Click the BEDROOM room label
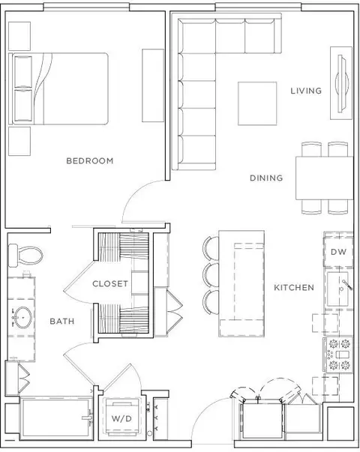(x=90, y=160)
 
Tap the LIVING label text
(x=306, y=91)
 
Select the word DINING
(x=266, y=178)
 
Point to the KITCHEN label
(x=294, y=287)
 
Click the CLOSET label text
(x=110, y=283)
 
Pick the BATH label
(x=62, y=321)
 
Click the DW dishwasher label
(x=338, y=252)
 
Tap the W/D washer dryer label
(x=121, y=418)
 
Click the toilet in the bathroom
(x=25, y=255)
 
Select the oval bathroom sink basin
(x=23, y=317)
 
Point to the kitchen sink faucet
(x=347, y=285)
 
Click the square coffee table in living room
(x=257, y=103)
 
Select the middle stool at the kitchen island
(x=211, y=275)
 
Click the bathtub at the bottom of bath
(x=56, y=418)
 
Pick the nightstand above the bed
(x=19, y=36)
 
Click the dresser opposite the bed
(x=153, y=85)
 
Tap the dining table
(x=325, y=178)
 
